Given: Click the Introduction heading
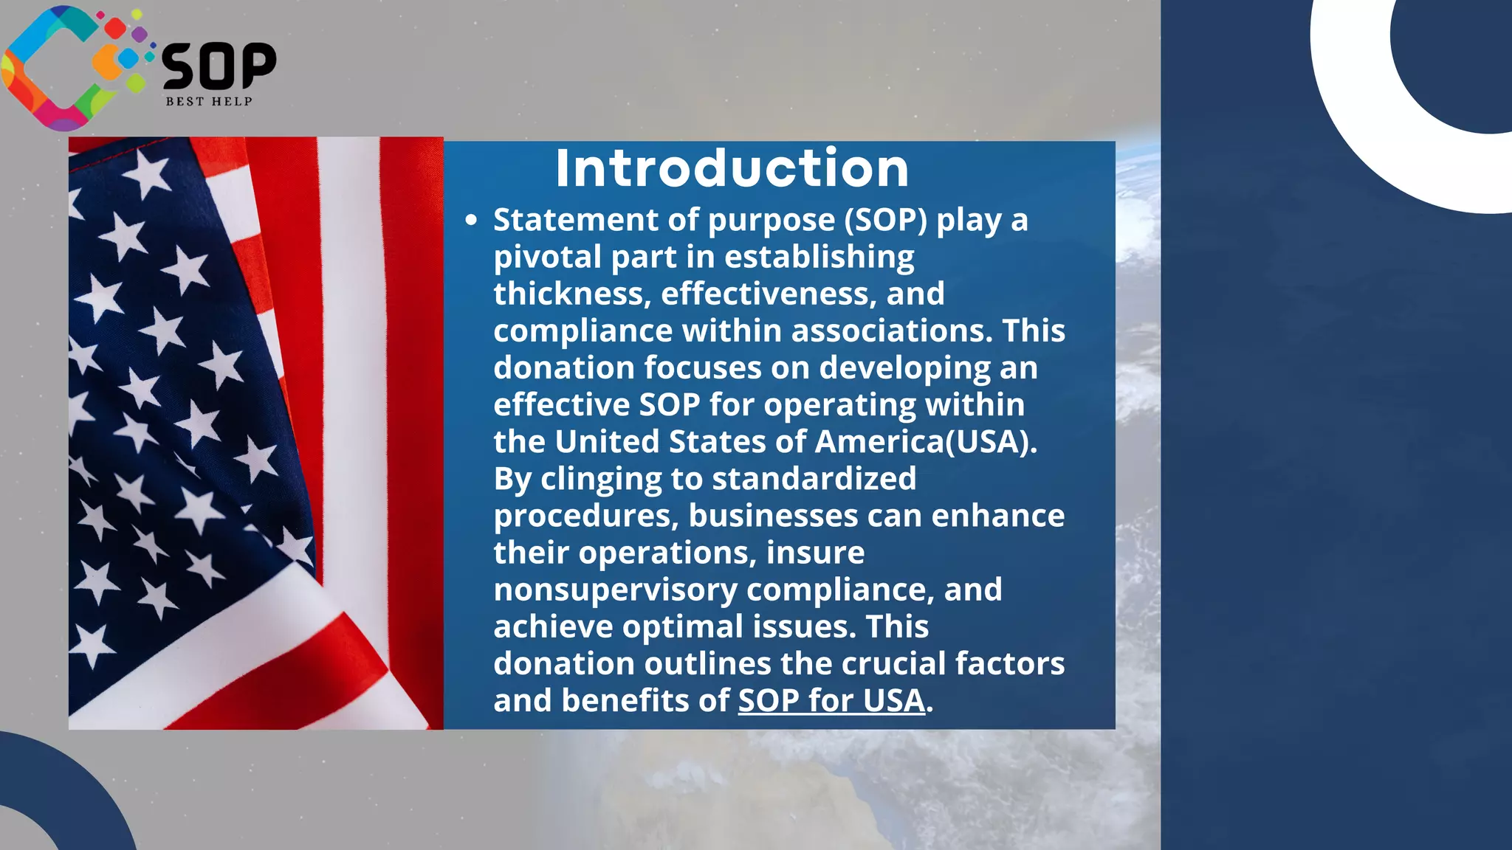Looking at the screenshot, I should pyautogui.click(x=732, y=169).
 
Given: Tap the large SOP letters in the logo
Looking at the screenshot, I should pyautogui.click(x=219, y=66).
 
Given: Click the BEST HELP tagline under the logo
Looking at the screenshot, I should pyautogui.click(x=209, y=101).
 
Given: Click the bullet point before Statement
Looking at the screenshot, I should pyautogui.click(x=472, y=220).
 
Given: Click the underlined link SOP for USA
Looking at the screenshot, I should pyautogui.click(x=831, y=700).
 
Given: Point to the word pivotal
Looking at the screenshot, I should pyautogui.click(x=547, y=257).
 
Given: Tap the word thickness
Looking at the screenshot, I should pyautogui.click(x=571, y=294).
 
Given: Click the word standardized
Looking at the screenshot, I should pyautogui.click(x=814, y=478).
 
